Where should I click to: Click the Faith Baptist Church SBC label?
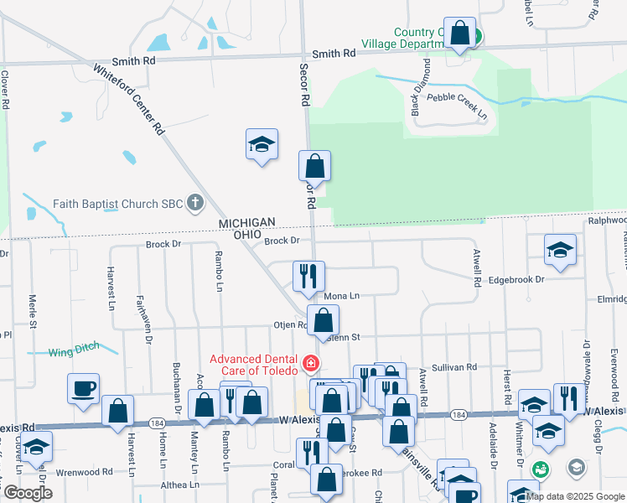(x=118, y=203)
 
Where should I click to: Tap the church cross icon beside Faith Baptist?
(x=195, y=202)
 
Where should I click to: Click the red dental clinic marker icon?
(x=311, y=363)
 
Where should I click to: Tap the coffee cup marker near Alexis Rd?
(x=84, y=388)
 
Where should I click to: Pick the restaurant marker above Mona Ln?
(x=308, y=275)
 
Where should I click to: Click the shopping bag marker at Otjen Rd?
(x=324, y=319)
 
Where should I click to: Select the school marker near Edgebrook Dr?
(x=560, y=249)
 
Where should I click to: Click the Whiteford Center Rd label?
(x=128, y=101)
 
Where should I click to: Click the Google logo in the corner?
(x=28, y=493)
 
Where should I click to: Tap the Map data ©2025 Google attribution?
(x=574, y=496)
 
